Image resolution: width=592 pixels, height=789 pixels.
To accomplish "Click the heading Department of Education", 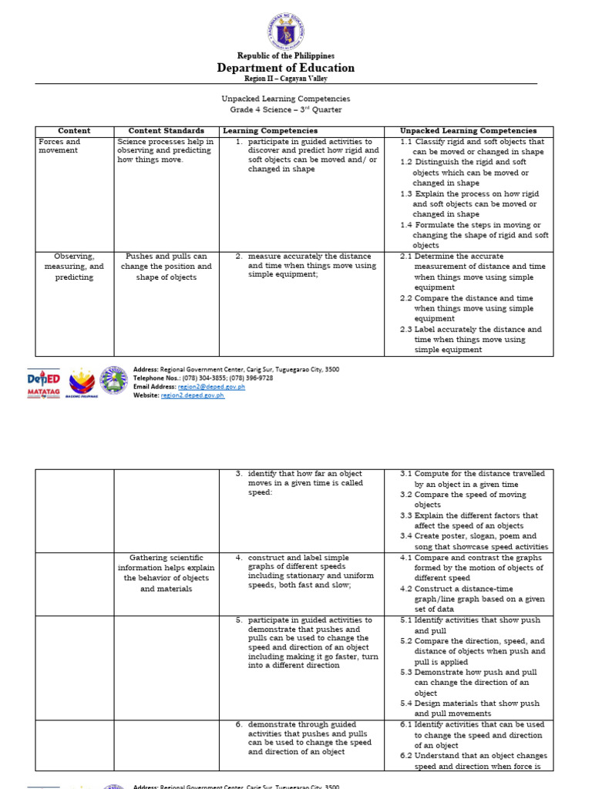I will point(285,68).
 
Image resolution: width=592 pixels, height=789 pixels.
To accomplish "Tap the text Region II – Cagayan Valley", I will point(285,79).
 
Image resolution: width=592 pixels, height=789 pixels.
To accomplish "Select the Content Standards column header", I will point(166,131).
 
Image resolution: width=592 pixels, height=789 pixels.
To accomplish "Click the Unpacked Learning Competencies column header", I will point(468,131).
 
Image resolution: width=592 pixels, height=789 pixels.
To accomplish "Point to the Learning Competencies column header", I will point(270,131).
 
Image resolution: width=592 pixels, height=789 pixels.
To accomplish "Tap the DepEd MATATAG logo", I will point(45,381).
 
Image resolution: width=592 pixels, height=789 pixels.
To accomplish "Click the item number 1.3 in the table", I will point(406,194).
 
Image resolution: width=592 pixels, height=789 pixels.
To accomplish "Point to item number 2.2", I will point(406,298).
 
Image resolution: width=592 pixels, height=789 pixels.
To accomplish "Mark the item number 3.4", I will point(406,536).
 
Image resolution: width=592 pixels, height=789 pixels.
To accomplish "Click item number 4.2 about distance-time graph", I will point(406,589).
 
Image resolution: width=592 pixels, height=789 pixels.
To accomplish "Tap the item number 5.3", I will point(406,672).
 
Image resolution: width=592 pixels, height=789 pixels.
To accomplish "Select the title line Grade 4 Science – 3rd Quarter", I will point(285,109).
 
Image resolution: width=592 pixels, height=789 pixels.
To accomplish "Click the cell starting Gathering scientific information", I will point(166,572).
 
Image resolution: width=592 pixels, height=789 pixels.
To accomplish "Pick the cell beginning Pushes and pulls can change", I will point(166,267).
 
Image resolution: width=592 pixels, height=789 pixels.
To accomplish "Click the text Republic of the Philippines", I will point(285,56).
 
